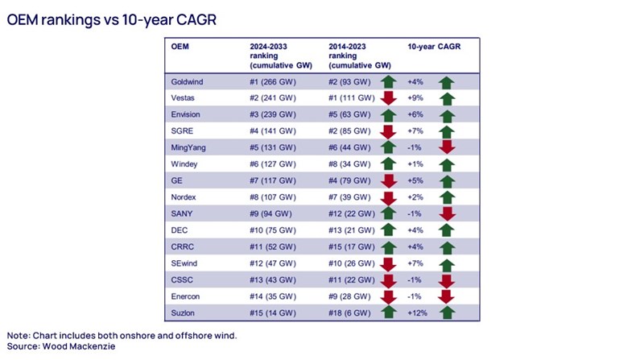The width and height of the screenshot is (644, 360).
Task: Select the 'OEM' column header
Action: tap(180, 47)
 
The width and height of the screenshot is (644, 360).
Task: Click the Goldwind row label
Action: tap(188, 81)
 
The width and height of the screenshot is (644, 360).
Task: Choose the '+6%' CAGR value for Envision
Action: tap(415, 114)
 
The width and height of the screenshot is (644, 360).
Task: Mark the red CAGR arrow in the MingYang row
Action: tap(447, 147)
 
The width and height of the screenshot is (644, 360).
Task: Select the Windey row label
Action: tap(184, 164)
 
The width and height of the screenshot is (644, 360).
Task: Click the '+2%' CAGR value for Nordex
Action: tap(415, 197)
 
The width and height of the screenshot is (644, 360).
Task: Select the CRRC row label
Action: tap(183, 247)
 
